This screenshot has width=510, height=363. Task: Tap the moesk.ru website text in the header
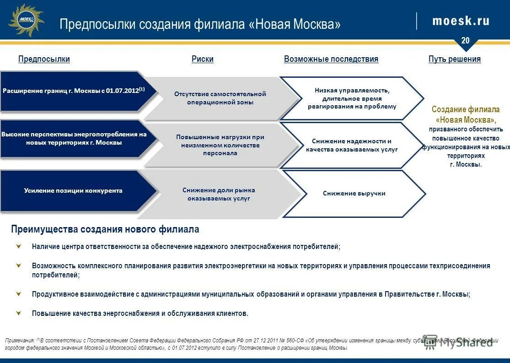[461, 21]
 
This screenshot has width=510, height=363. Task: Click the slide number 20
[465, 41]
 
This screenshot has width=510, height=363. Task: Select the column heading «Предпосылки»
[44, 59]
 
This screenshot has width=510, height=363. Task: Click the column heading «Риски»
[202, 59]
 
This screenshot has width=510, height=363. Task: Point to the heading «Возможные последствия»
[331, 59]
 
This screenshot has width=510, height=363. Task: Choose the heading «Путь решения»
[454, 59]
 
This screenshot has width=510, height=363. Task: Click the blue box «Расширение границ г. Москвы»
[74, 91]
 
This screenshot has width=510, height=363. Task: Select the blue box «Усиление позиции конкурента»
[73, 190]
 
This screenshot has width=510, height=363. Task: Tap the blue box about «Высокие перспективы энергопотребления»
[74, 138]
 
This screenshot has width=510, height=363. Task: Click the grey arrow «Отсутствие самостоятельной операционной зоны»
[220, 98]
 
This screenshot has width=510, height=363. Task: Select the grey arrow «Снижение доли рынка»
[219, 194]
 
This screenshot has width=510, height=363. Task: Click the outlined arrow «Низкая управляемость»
[351, 98]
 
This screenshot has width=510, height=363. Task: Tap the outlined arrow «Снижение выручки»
[354, 194]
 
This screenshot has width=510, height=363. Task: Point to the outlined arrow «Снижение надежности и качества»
[351, 145]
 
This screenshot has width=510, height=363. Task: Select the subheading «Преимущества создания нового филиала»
[105, 229]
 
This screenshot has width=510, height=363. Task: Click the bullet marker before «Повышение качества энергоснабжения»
[19, 313]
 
